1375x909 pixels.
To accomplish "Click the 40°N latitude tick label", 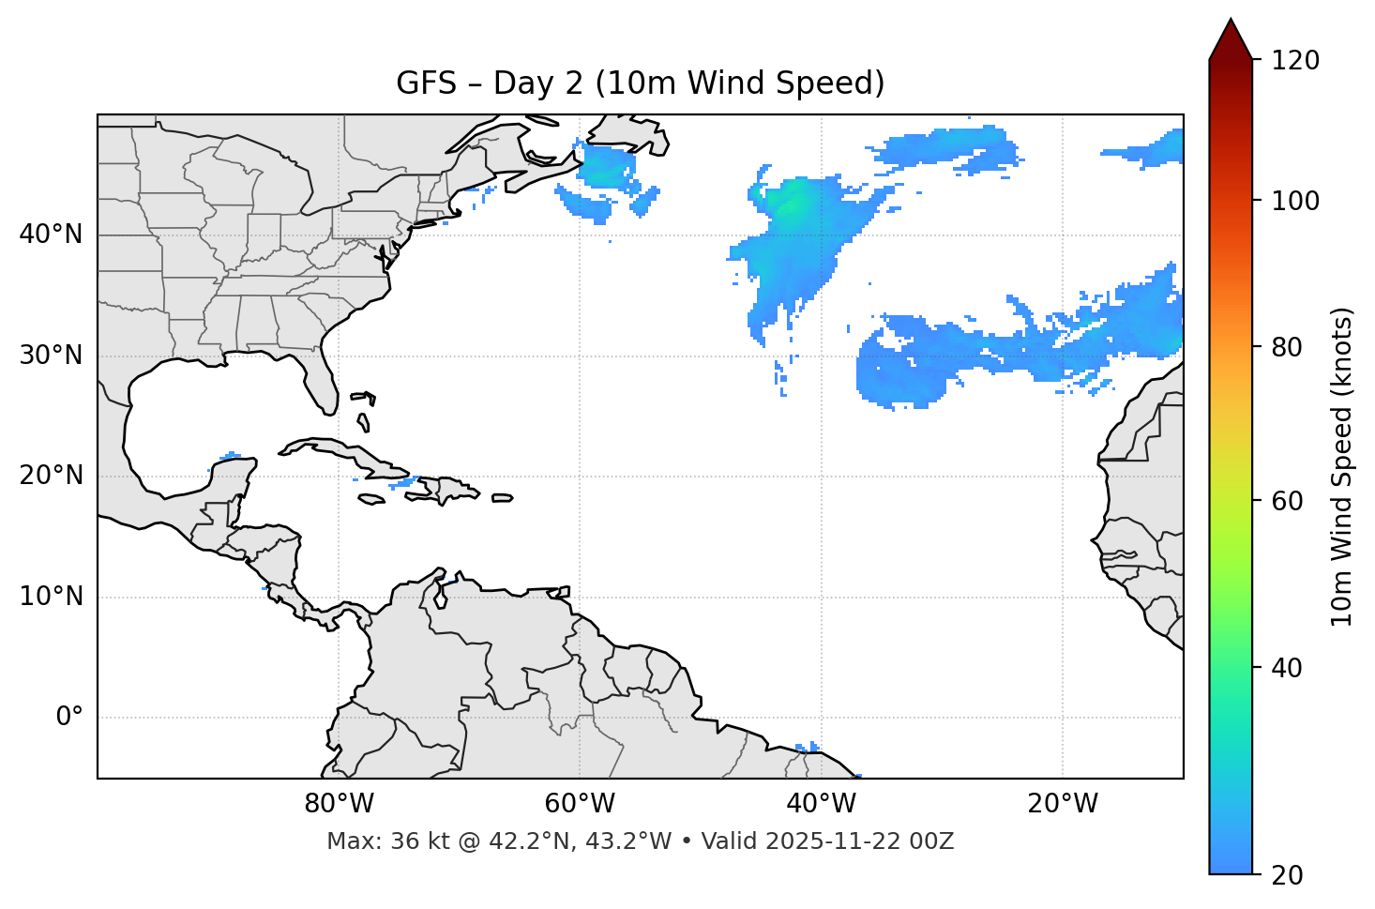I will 52,235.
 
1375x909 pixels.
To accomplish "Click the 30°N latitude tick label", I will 52,356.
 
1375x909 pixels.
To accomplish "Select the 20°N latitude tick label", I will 52,476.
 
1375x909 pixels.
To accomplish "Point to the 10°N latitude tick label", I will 52,597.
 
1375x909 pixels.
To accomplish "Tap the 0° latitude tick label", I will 69,718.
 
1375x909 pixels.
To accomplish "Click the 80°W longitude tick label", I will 339,804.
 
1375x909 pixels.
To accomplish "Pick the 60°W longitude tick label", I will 580,804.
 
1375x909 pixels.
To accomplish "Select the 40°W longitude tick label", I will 821,804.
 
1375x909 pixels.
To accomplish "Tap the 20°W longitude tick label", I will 1062,804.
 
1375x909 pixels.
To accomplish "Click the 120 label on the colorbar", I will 1294,61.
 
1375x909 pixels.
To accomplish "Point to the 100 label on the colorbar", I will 1294,201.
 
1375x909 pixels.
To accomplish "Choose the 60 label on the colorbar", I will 1289,501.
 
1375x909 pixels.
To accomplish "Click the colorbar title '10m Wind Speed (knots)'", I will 1342,467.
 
